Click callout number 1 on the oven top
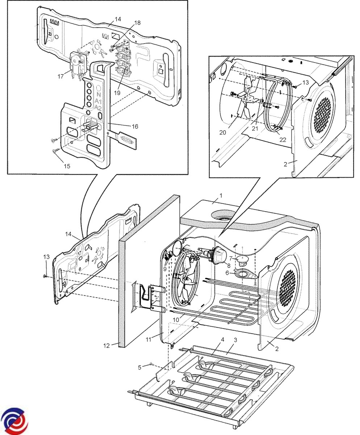[221, 195]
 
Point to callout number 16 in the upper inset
[135, 126]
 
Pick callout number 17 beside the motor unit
[60, 76]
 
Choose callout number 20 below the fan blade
[223, 132]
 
